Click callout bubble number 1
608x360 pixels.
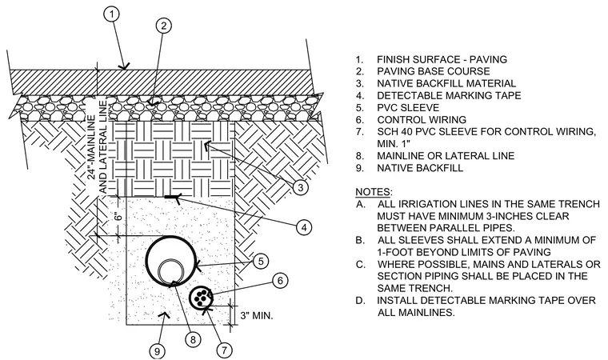tap(112, 14)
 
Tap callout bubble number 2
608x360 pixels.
tap(164, 26)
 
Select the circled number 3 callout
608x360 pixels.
tap(301, 187)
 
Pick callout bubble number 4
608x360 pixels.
tap(304, 227)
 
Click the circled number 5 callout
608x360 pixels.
tap(261, 261)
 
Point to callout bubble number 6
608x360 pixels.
tap(280, 280)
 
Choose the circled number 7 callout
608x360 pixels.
tap(224, 350)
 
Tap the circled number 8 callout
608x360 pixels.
tap(193, 340)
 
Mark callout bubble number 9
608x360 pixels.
tap(157, 351)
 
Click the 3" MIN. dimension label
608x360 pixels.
tap(257, 315)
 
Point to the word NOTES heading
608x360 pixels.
tap(373, 192)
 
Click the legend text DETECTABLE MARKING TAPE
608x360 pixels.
tap(449, 95)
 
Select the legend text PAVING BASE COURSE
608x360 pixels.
tap(433, 71)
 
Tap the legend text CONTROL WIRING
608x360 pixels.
tap(422, 119)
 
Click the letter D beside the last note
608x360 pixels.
tap(359, 301)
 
